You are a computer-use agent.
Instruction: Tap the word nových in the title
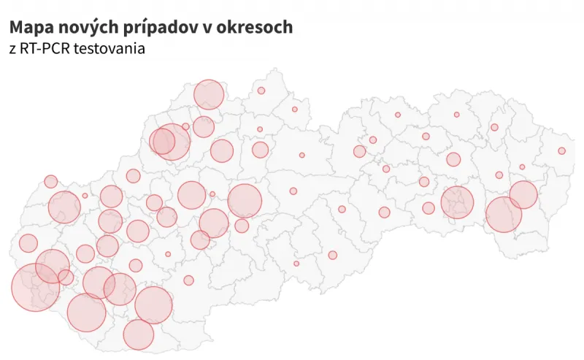coord(82,28)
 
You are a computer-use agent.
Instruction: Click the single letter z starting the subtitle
coord(12,49)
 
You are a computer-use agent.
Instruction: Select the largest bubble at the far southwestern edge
coord(35,287)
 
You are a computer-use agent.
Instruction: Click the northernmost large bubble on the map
coord(209,95)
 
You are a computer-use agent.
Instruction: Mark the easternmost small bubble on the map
coord(561,151)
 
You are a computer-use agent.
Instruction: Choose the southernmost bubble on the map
coord(138,334)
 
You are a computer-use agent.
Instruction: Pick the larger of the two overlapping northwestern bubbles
coord(172,142)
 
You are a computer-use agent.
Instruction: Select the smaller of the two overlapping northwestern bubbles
coord(161,141)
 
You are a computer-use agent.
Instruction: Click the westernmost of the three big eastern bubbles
coord(458,202)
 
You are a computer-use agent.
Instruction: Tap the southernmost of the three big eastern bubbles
coord(503,215)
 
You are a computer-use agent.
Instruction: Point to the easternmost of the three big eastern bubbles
coord(523,195)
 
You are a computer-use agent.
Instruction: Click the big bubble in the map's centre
coord(245,201)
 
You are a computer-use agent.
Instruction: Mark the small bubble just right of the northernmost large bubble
coord(261,91)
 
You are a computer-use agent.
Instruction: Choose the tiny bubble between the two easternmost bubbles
coord(522,166)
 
